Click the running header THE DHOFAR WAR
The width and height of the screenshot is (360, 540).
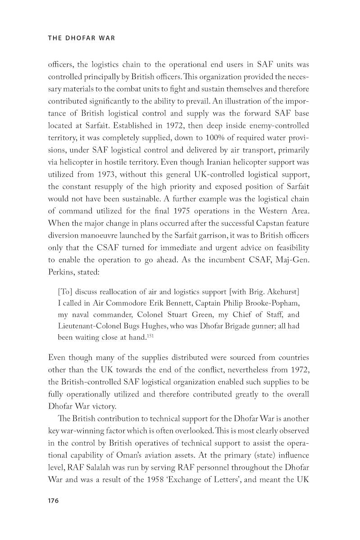pos(81,38)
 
